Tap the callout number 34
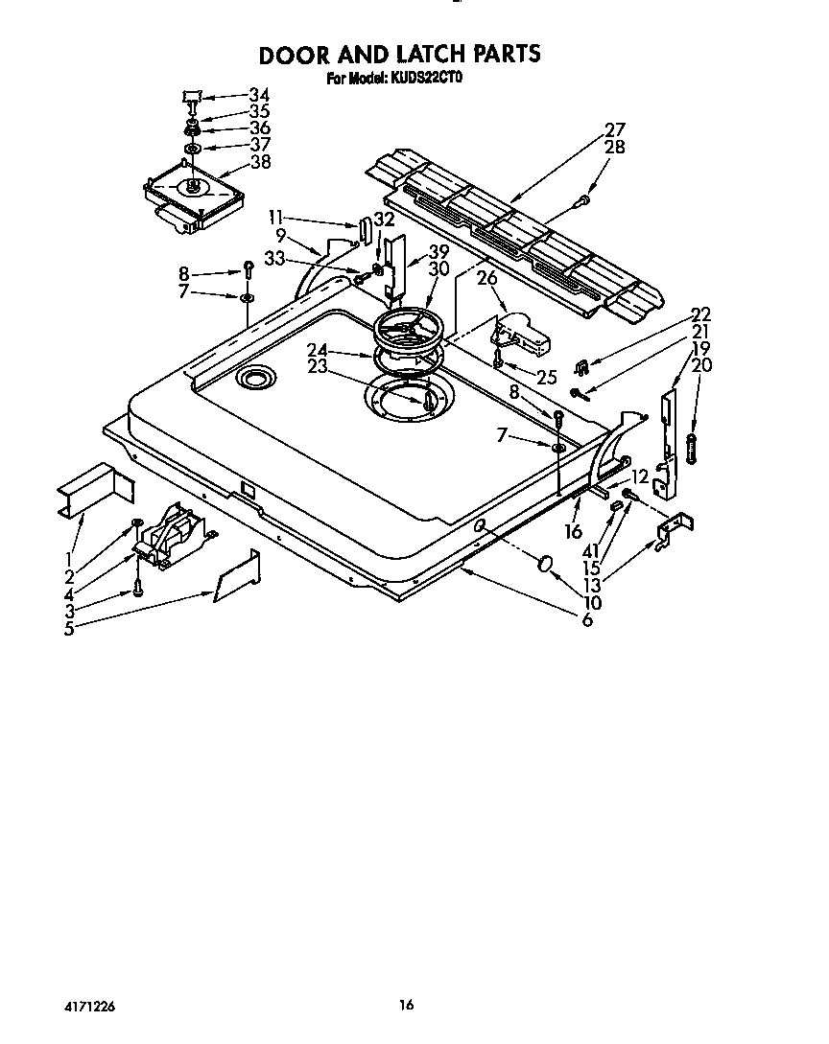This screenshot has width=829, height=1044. [x=259, y=95]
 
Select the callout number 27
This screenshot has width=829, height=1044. [x=615, y=129]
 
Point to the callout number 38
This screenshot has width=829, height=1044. [x=259, y=162]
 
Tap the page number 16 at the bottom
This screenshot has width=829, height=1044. [x=407, y=1006]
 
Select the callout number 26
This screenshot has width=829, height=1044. [x=487, y=279]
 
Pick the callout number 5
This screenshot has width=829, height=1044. [x=69, y=629]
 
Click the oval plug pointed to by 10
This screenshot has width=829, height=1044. [x=546, y=563]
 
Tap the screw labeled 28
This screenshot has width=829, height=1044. [x=583, y=200]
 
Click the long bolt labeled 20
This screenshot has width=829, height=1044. [x=691, y=448]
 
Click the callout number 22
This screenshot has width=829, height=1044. [x=701, y=314]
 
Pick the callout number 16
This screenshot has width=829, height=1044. [x=574, y=531]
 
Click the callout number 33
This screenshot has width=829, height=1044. [x=274, y=257]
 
